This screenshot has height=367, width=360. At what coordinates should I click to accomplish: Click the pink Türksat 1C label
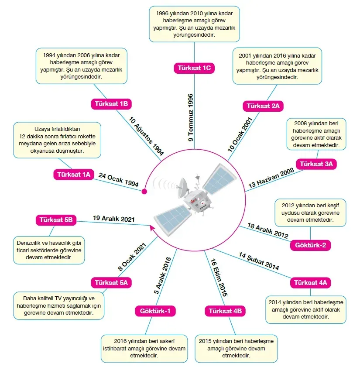(194, 68)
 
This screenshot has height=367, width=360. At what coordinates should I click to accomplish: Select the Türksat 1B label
(111, 104)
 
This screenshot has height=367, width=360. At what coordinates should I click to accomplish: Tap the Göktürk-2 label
(310, 245)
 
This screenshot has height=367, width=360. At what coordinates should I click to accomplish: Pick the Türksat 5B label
(56, 220)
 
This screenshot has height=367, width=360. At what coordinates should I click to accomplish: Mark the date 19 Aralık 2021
(114, 219)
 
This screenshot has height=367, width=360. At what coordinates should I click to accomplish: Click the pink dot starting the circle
(144, 191)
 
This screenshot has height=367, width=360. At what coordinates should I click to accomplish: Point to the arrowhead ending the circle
(151, 226)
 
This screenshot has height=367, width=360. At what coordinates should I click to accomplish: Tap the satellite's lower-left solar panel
(172, 216)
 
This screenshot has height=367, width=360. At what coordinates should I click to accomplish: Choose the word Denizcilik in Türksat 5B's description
(31, 243)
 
